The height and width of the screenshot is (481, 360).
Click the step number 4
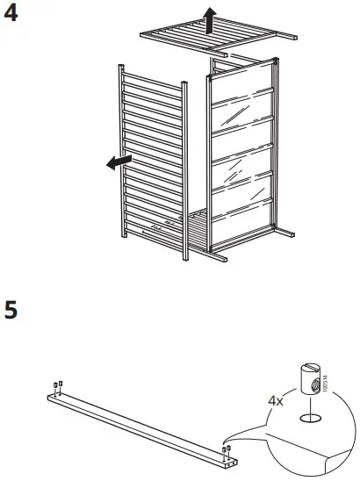pos(12,14)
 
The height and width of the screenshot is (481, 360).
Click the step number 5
pos(12,311)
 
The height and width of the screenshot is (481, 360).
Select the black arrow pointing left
pos(116,162)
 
